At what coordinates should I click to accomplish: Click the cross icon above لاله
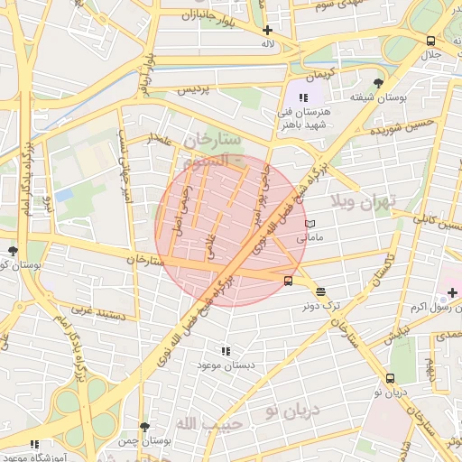pyautogui.click(x=267, y=30)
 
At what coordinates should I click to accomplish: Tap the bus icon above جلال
pyautogui.click(x=431, y=41)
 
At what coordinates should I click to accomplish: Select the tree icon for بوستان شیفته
pyautogui.click(x=377, y=82)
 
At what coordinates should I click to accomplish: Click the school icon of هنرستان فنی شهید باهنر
pyautogui.click(x=304, y=97)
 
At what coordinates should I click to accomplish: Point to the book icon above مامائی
pyautogui.click(x=310, y=223)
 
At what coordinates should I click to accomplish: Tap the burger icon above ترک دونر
pyautogui.click(x=321, y=291)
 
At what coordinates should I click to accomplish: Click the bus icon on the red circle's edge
pyautogui.click(x=288, y=281)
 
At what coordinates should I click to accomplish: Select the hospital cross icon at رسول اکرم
pyautogui.click(x=452, y=292)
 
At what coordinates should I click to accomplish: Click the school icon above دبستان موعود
pyautogui.click(x=225, y=351)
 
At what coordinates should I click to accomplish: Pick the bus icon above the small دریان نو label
pyautogui.click(x=390, y=379)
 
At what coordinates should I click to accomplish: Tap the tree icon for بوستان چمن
pyautogui.click(x=144, y=427)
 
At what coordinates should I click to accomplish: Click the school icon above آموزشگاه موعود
pyautogui.click(x=34, y=444)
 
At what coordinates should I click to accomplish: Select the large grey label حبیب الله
pyautogui.click(x=208, y=423)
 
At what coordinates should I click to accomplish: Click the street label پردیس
pyautogui.click(x=198, y=91)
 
